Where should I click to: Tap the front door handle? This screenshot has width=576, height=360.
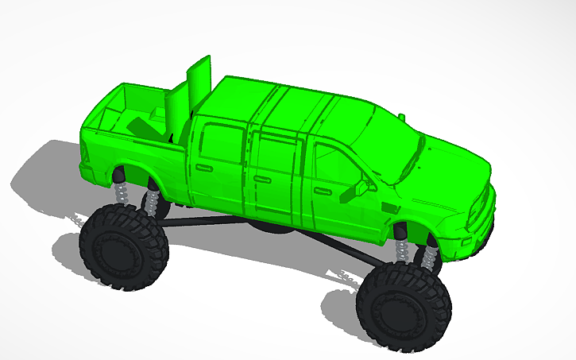pos(321,192)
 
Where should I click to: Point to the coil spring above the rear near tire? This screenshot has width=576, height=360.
pos(123,191)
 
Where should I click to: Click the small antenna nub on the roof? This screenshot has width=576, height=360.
pos(401,118)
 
